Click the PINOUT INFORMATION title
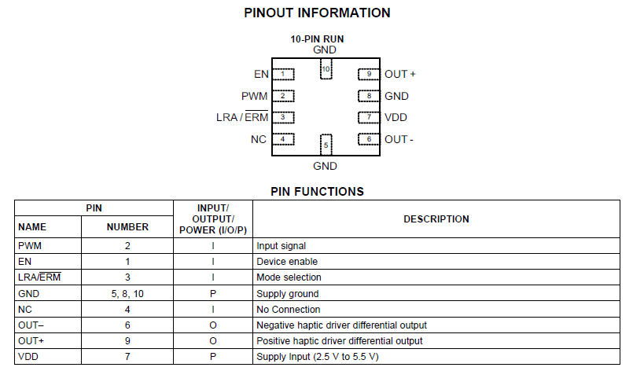point(317,13)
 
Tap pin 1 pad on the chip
point(282,75)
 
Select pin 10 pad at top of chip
point(325,70)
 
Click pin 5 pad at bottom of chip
point(325,145)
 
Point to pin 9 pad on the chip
point(368,75)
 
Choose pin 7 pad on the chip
point(368,118)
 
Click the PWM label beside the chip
point(255,96)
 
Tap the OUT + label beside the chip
point(400,75)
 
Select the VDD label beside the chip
point(396,118)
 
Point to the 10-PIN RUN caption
point(317,39)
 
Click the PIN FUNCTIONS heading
point(317,191)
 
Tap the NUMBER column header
point(127,227)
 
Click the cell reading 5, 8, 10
point(127,293)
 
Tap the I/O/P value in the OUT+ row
point(213,341)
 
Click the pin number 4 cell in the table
point(127,310)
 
